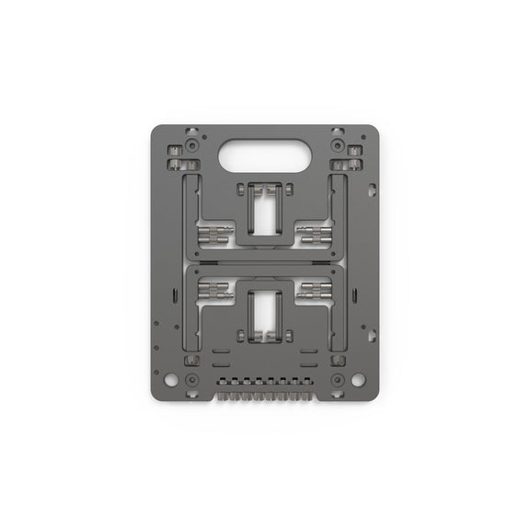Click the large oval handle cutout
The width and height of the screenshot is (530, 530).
tap(265, 155)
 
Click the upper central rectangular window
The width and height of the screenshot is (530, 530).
tap(265, 211)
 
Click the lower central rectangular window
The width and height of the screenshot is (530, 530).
tap(265, 312)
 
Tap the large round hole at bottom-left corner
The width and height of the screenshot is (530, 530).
tap(171, 379)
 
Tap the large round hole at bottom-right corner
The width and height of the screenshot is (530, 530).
tap(358, 379)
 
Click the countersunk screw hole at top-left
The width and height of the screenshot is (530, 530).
tap(190, 145)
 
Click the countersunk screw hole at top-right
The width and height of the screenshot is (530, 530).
tap(339, 145)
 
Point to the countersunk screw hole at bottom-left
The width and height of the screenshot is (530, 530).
tap(190, 379)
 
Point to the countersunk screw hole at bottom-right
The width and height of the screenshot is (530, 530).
tap(339, 379)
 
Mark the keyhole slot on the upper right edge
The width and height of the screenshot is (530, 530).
tap(372, 190)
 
